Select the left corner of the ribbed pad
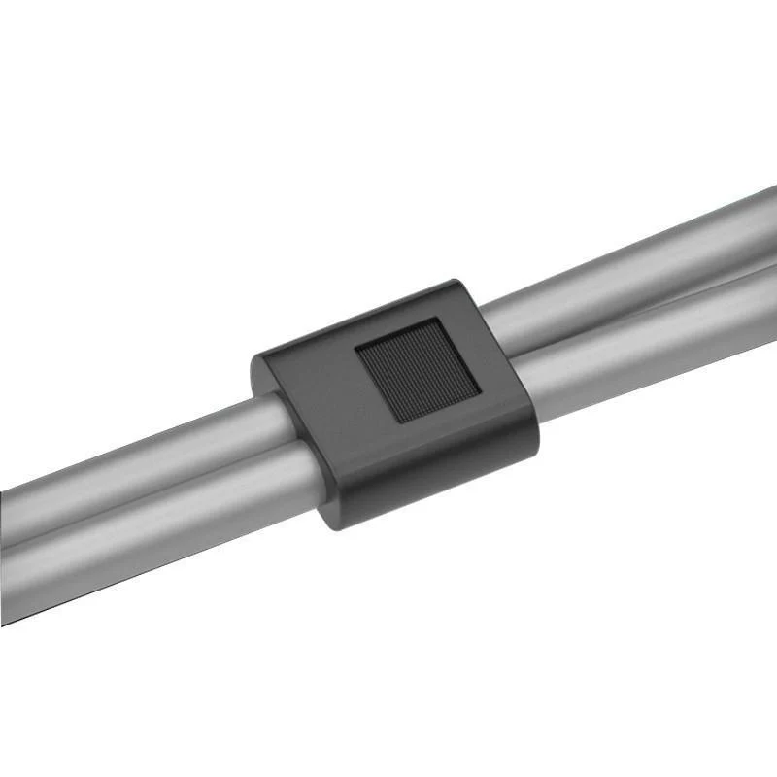coord(356,347)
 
